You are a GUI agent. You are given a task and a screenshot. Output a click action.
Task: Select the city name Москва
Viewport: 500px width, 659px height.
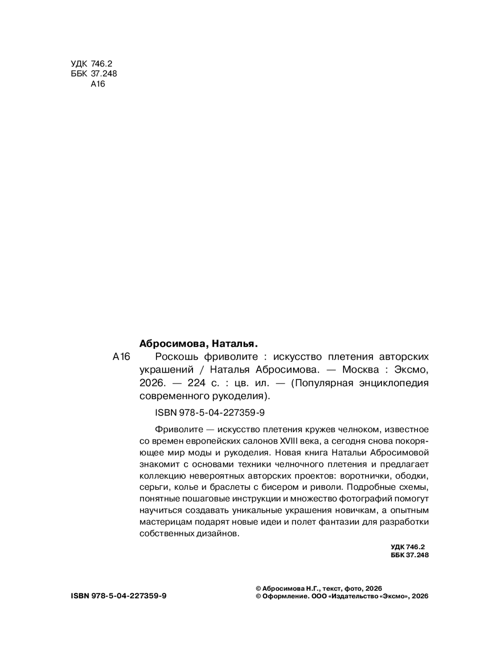click(357, 370)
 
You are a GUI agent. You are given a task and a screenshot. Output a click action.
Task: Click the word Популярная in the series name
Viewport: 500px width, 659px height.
click(323, 383)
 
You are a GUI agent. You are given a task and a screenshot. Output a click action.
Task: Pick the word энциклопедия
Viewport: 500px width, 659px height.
click(398, 383)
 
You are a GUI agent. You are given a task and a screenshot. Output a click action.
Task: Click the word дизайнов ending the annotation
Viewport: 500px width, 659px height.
click(217, 533)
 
